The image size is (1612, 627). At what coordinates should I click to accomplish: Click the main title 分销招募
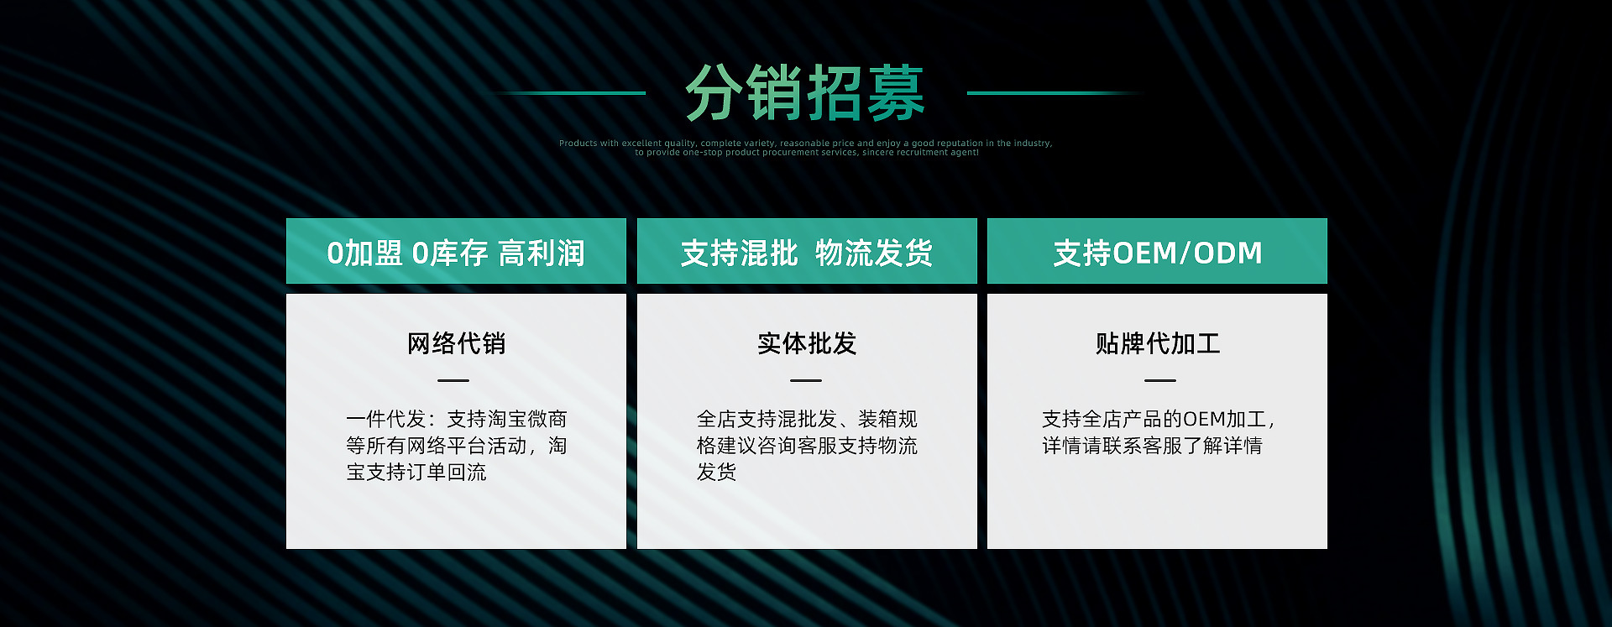804,93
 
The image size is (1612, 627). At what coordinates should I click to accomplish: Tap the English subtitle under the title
806,148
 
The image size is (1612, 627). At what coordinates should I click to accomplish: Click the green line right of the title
1054,93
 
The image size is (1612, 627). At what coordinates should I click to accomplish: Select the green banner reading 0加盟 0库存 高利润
456,251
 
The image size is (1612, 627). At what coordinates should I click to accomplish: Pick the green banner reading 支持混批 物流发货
807,251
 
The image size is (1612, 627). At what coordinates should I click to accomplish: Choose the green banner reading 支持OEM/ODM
1157,251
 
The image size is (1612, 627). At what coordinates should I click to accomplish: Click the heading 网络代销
456,343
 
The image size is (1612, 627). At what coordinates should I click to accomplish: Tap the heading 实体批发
807,343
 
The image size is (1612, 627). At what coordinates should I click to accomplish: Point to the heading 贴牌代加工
1158,343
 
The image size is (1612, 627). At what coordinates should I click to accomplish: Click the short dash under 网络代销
453,380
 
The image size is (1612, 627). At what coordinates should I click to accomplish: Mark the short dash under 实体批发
806,380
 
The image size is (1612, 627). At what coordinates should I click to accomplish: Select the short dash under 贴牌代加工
1160,380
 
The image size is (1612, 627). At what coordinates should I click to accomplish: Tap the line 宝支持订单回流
416,473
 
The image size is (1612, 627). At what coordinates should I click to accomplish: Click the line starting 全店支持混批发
807,419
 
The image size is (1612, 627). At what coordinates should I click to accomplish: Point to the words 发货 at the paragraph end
716,473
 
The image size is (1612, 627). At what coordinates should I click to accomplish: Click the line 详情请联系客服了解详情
1152,446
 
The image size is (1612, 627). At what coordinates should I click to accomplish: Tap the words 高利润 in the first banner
542,253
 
